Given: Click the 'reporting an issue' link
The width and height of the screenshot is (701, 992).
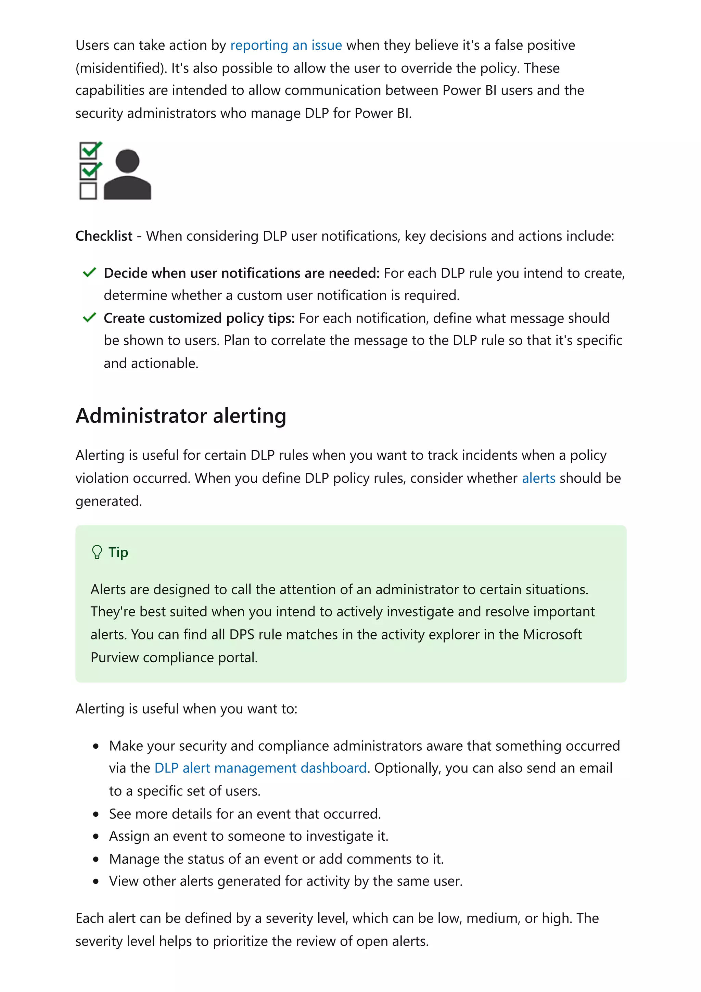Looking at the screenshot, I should click(286, 46).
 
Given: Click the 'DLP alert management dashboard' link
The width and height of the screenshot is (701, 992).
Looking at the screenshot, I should click(260, 768).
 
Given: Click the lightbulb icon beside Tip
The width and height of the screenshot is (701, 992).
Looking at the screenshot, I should click(97, 552).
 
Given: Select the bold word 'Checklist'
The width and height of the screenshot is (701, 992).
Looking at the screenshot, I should click(104, 236).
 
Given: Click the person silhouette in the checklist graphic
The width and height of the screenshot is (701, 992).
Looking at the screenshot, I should click(127, 175).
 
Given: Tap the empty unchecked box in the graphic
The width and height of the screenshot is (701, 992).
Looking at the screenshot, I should click(88, 191).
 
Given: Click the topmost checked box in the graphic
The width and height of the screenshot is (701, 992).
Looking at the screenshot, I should click(89, 151).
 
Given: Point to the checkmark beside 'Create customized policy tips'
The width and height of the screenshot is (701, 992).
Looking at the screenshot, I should click(89, 318).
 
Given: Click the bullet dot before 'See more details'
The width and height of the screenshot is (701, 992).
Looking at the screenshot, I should click(96, 814).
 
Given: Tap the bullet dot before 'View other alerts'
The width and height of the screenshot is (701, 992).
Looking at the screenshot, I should click(96, 881).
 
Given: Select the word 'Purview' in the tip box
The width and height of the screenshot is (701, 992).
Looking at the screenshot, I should click(114, 657).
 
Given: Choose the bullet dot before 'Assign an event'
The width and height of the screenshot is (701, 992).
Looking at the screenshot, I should click(96, 837).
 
